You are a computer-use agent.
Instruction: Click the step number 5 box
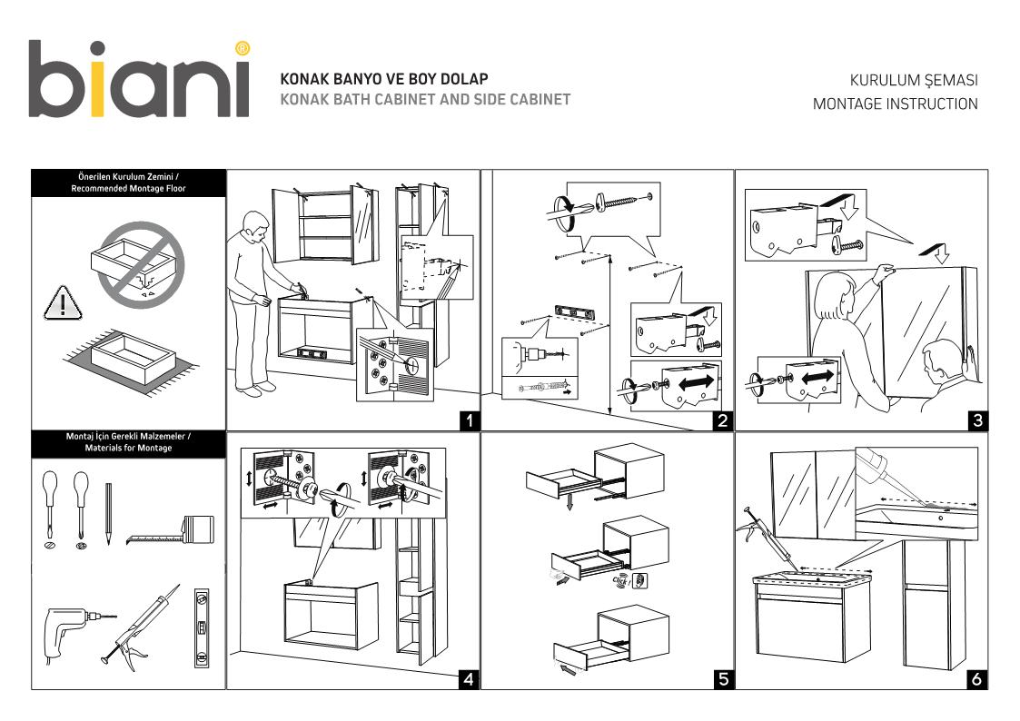pos(722,678)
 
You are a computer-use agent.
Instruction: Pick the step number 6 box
pos(976,678)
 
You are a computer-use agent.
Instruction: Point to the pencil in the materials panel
pos(107,513)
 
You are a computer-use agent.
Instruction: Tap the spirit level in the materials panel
pos(201,628)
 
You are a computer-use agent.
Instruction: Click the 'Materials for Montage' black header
pos(128,442)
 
